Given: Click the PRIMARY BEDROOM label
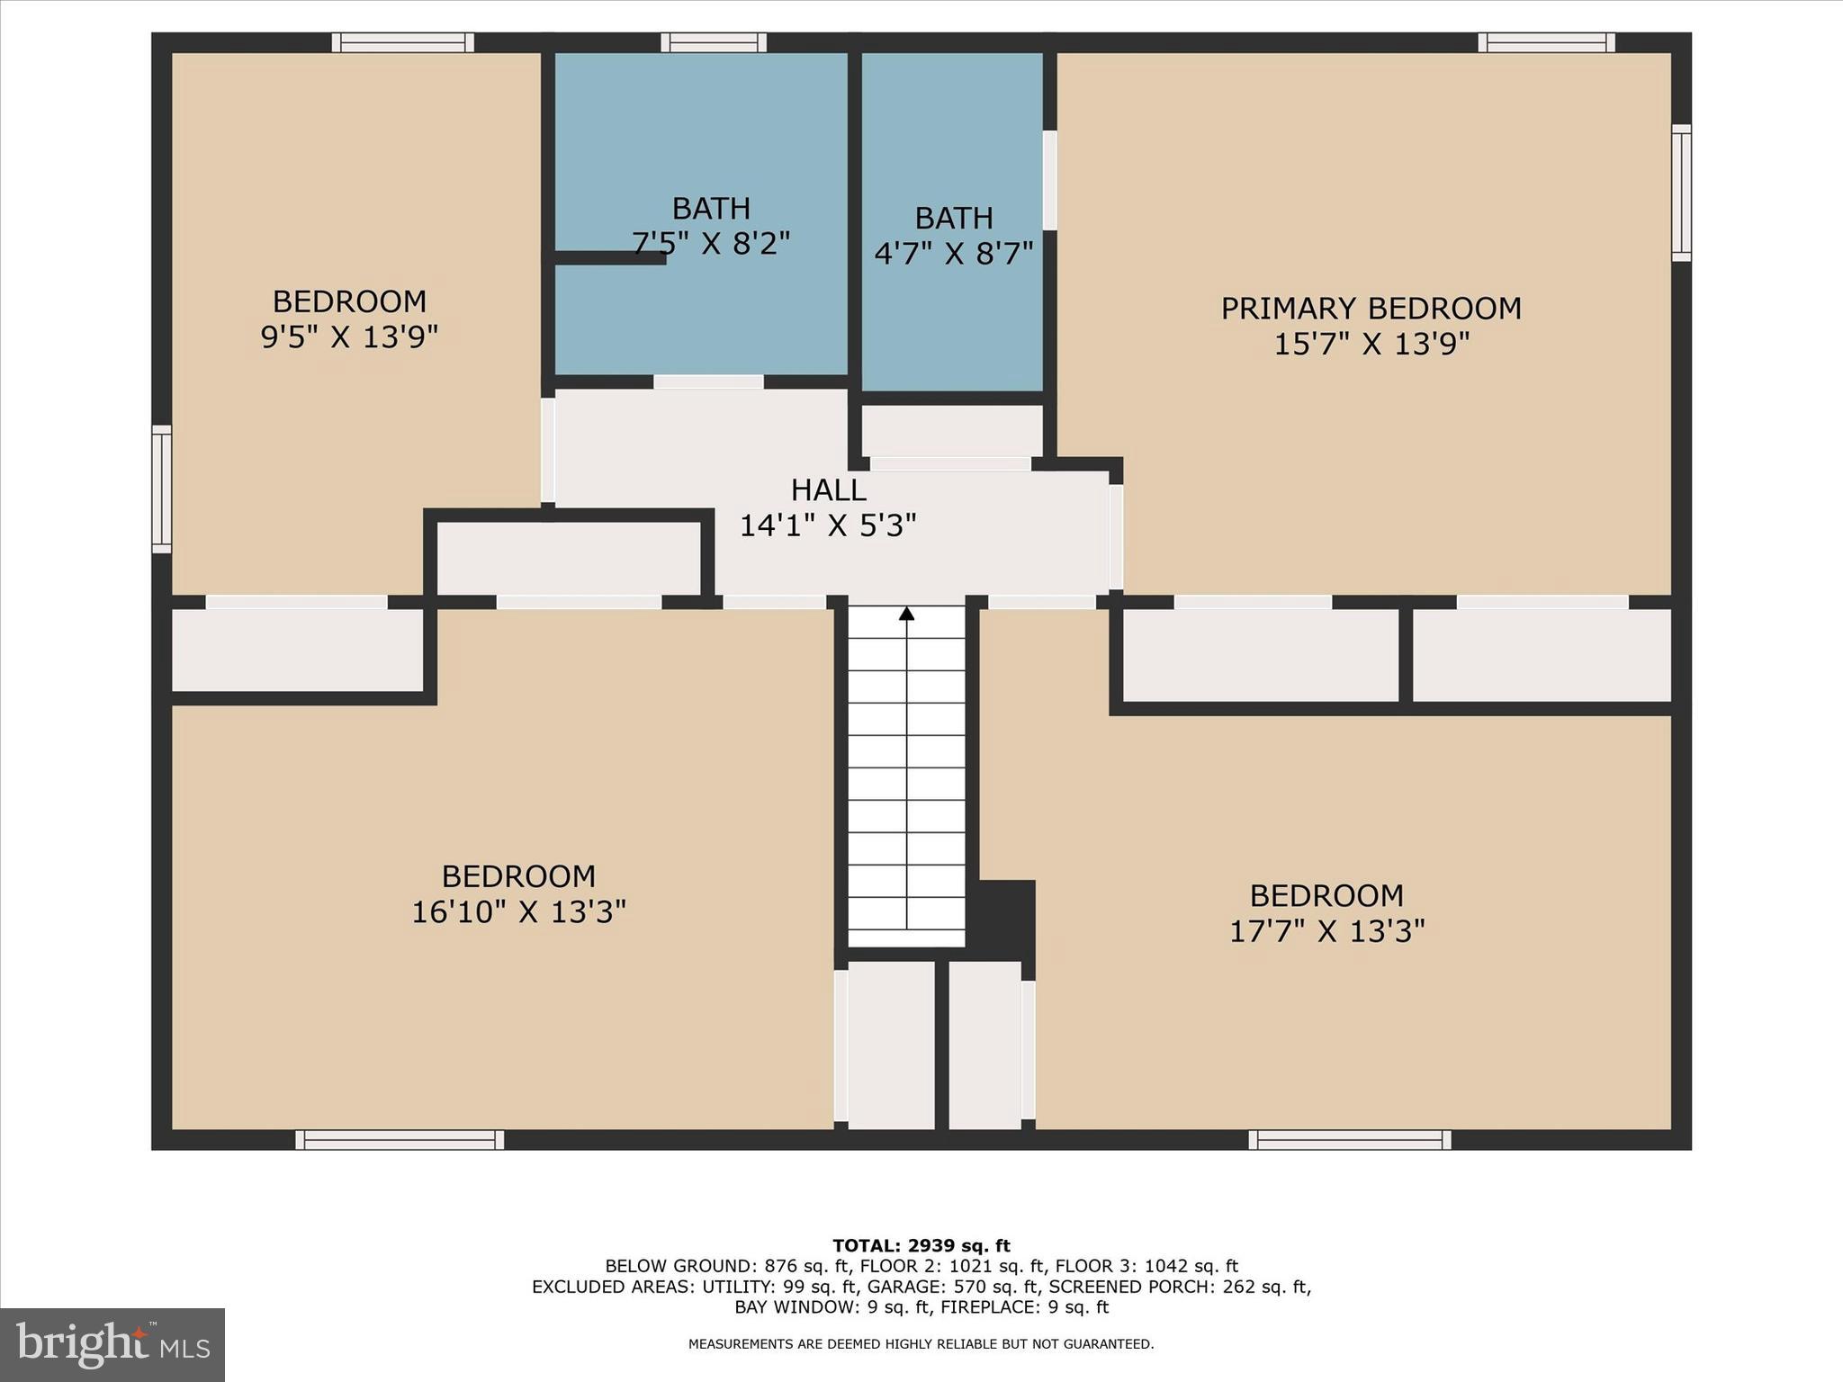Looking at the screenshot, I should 1371,309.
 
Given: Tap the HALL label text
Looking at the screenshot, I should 828,490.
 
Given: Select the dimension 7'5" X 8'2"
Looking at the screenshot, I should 711,244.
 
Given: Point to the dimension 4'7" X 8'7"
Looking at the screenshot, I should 953,254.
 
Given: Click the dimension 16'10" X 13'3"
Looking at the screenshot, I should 518,912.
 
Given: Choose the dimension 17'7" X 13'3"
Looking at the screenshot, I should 1326,931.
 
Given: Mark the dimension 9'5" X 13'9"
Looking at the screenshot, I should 349,337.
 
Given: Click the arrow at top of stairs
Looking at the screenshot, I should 907,614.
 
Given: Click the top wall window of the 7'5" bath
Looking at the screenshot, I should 714,42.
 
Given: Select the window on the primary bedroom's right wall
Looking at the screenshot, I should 1681,193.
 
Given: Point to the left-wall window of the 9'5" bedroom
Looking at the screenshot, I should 161,489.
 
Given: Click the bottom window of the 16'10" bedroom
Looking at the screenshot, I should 400,1140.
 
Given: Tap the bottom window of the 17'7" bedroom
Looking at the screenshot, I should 1350,1140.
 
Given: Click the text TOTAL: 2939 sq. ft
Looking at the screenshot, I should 921,1246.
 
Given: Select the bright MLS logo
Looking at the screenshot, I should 112,1345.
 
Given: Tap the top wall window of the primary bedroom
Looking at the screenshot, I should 1546,42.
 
